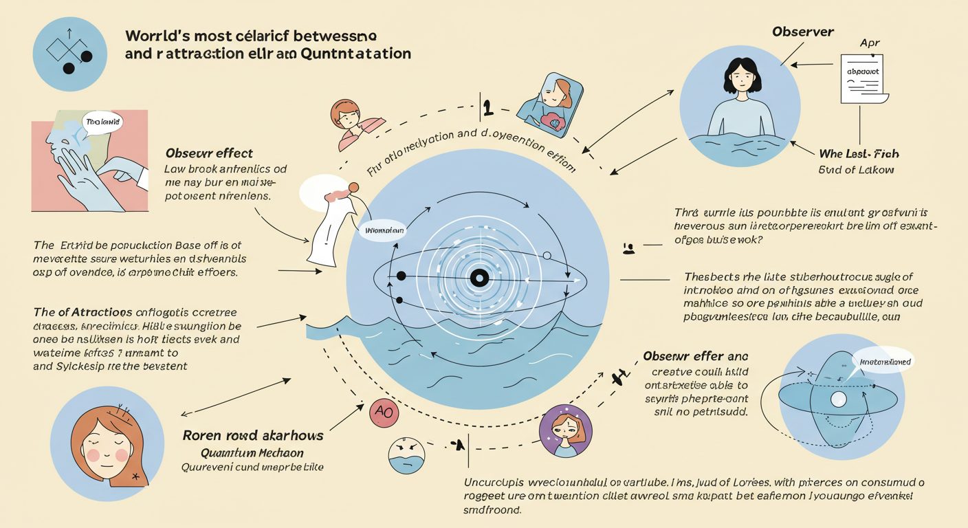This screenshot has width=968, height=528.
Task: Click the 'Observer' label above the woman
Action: pos(802,32)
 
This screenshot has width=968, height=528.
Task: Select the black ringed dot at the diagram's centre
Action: pos(478,278)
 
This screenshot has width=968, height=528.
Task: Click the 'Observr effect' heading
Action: pos(209,153)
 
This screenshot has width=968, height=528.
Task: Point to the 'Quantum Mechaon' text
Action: pos(252,453)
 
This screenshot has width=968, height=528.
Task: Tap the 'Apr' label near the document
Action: pos(870,43)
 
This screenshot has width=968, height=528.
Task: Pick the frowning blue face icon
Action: pos(407,454)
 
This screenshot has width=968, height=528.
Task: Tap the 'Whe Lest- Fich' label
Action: pos(859,154)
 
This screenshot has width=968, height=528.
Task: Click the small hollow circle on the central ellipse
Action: pos(547,256)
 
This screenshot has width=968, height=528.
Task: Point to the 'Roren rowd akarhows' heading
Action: pos(252,436)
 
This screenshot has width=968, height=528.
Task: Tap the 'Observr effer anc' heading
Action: pos(695,356)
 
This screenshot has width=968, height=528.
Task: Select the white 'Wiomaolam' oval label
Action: pos(381,231)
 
